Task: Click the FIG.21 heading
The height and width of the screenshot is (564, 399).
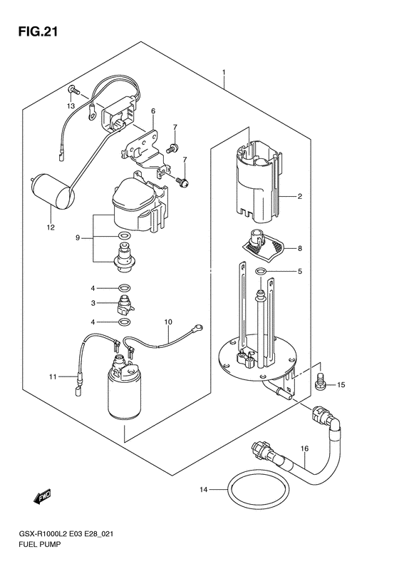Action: click(38, 32)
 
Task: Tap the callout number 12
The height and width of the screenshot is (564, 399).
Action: click(51, 227)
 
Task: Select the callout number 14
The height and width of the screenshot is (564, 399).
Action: click(204, 490)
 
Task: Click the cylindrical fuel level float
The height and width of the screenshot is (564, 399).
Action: click(53, 191)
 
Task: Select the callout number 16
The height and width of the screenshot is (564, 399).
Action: click(304, 449)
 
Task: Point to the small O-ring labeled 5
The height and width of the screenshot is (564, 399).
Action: click(261, 271)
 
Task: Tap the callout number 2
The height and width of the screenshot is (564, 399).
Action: click(299, 196)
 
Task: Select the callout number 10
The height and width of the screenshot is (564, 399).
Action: click(169, 322)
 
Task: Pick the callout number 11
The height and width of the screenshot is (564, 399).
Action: click(53, 376)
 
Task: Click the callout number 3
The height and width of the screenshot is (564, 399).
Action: click(93, 303)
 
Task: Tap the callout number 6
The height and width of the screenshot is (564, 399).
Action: click(153, 111)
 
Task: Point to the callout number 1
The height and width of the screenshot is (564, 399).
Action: click(224, 72)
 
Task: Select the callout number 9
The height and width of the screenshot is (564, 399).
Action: click(77, 237)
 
